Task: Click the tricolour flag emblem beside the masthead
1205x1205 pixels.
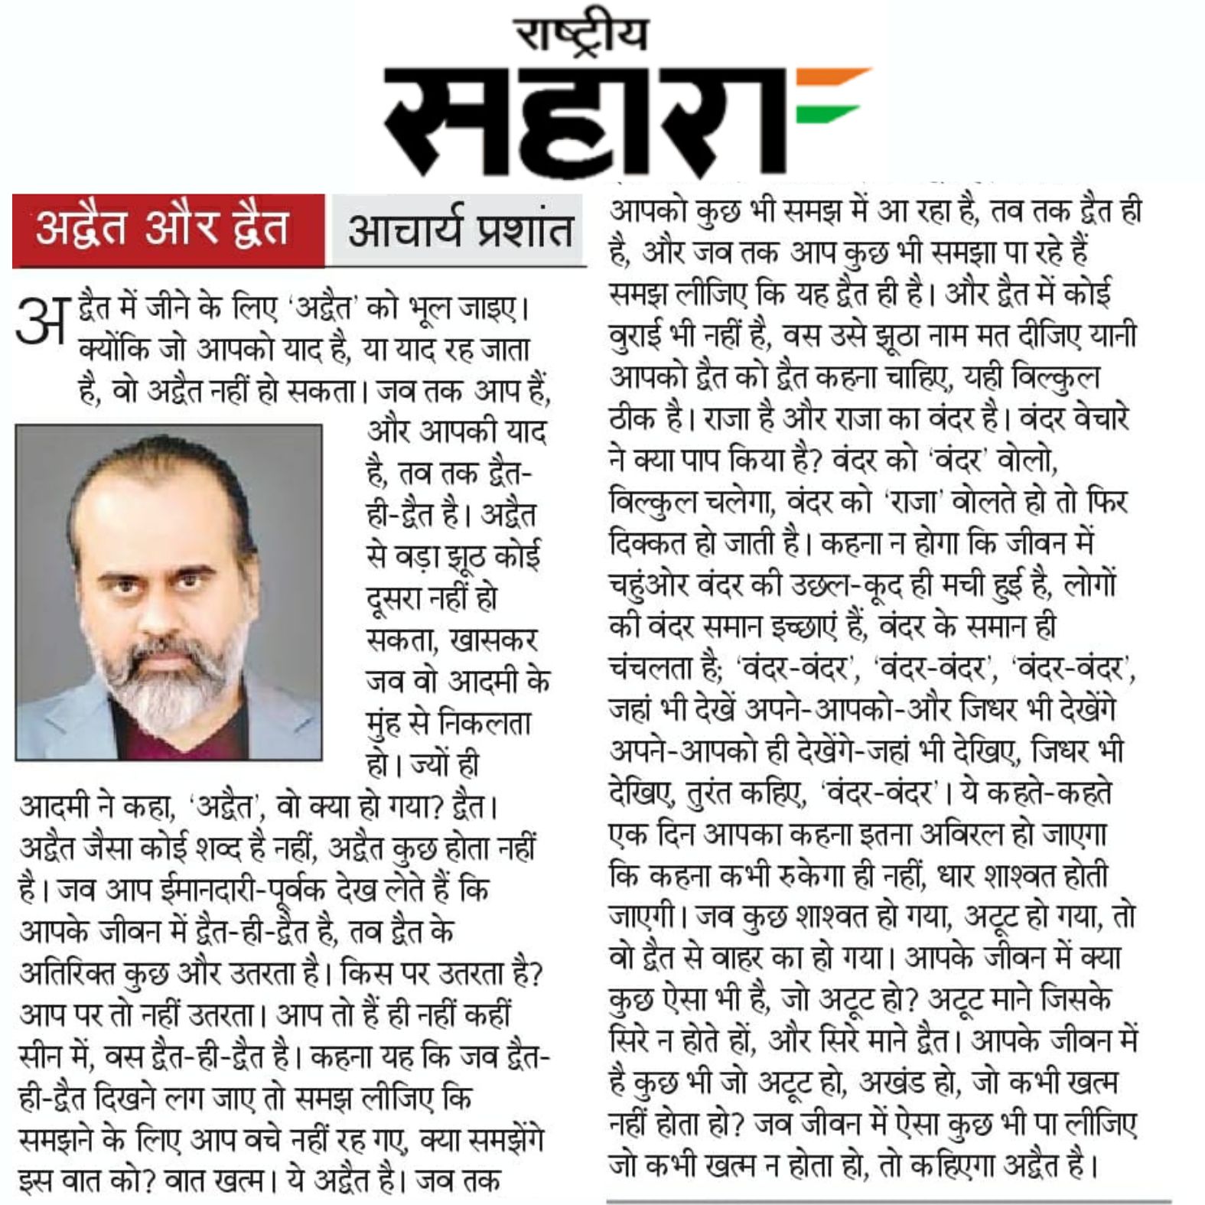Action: [830, 96]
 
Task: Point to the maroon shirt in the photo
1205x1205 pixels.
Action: [164, 738]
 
